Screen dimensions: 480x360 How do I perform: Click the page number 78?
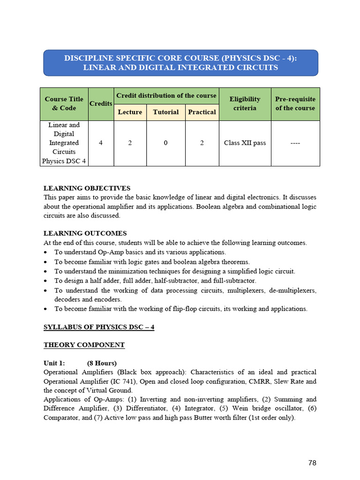tap(312, 463)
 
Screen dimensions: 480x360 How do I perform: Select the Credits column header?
tap(101, 104)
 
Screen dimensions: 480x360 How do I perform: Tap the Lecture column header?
tap(130, 112)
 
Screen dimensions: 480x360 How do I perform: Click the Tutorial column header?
tap(165, 112)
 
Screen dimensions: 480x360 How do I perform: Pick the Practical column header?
tap(202, 112)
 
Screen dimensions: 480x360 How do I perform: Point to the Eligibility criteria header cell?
tap(245, 104)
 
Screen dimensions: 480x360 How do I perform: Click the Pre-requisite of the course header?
tap(295, 104)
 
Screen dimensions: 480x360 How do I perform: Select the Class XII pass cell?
tap(245, 143)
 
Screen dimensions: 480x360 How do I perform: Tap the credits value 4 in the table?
tap(101, 143)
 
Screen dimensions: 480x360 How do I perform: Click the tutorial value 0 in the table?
tap(165, 143)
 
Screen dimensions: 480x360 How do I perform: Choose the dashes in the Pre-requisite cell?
tap(295, 143)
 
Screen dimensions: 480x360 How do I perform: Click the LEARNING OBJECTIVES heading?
tap(87, 188)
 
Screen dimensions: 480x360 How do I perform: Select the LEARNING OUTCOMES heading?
tap(85, 233)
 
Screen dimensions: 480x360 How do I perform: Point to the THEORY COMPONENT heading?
tap(84, 345)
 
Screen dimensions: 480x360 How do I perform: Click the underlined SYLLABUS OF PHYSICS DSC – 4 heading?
tap(99, 327)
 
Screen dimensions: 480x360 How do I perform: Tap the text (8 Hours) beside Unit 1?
tap(102, 363)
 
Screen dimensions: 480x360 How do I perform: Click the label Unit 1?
tap(54, 363)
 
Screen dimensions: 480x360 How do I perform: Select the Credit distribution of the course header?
tap(166, 96)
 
